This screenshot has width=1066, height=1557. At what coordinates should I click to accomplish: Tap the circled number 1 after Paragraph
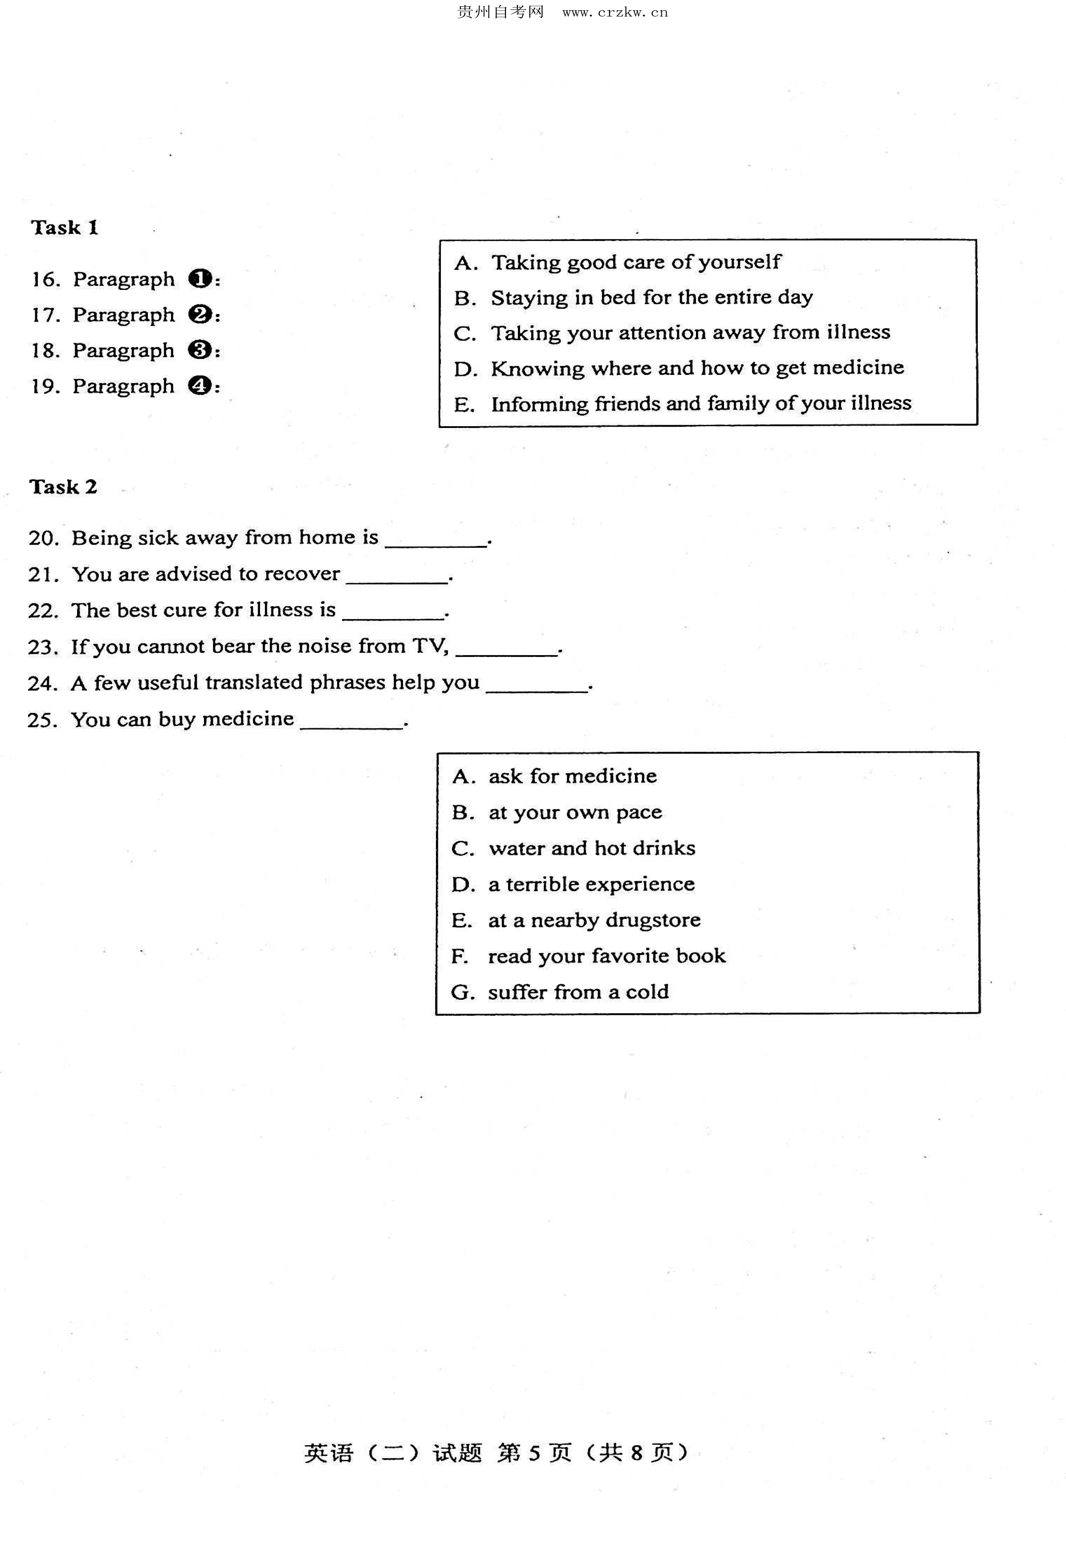coord(199,279)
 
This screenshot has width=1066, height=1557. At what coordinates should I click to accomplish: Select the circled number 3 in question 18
coord(199,350)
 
